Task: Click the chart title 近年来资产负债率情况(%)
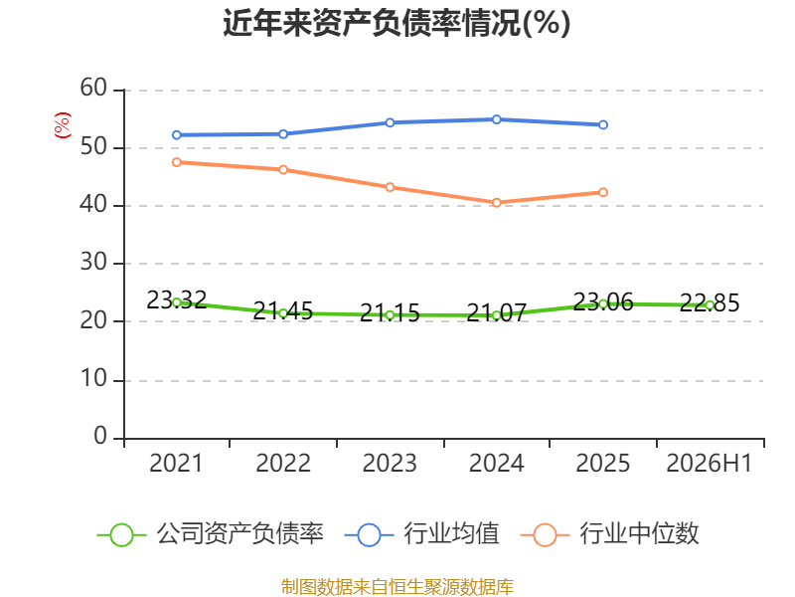[397, 23]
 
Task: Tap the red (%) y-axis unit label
[63, 125]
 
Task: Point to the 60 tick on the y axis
[93, 89]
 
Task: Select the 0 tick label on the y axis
[100, 436]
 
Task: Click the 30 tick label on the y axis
[93, 263]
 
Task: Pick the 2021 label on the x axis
[176, 463]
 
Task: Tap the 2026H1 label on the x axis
[709, 463]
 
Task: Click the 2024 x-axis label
[496, 463]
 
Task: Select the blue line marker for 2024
[496, 119]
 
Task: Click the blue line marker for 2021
[177, 135]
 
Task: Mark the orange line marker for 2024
[496, 203]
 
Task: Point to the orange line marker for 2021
[177, 162]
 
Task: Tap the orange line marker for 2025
[603, 192]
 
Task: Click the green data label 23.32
[177, 299]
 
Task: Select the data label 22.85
[710, 302]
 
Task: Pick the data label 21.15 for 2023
[390, 312]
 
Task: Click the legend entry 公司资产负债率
[211, 534]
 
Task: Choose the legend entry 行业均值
[421, 534]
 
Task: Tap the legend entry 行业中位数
[610, 534]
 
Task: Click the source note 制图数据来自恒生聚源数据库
[397, 587]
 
